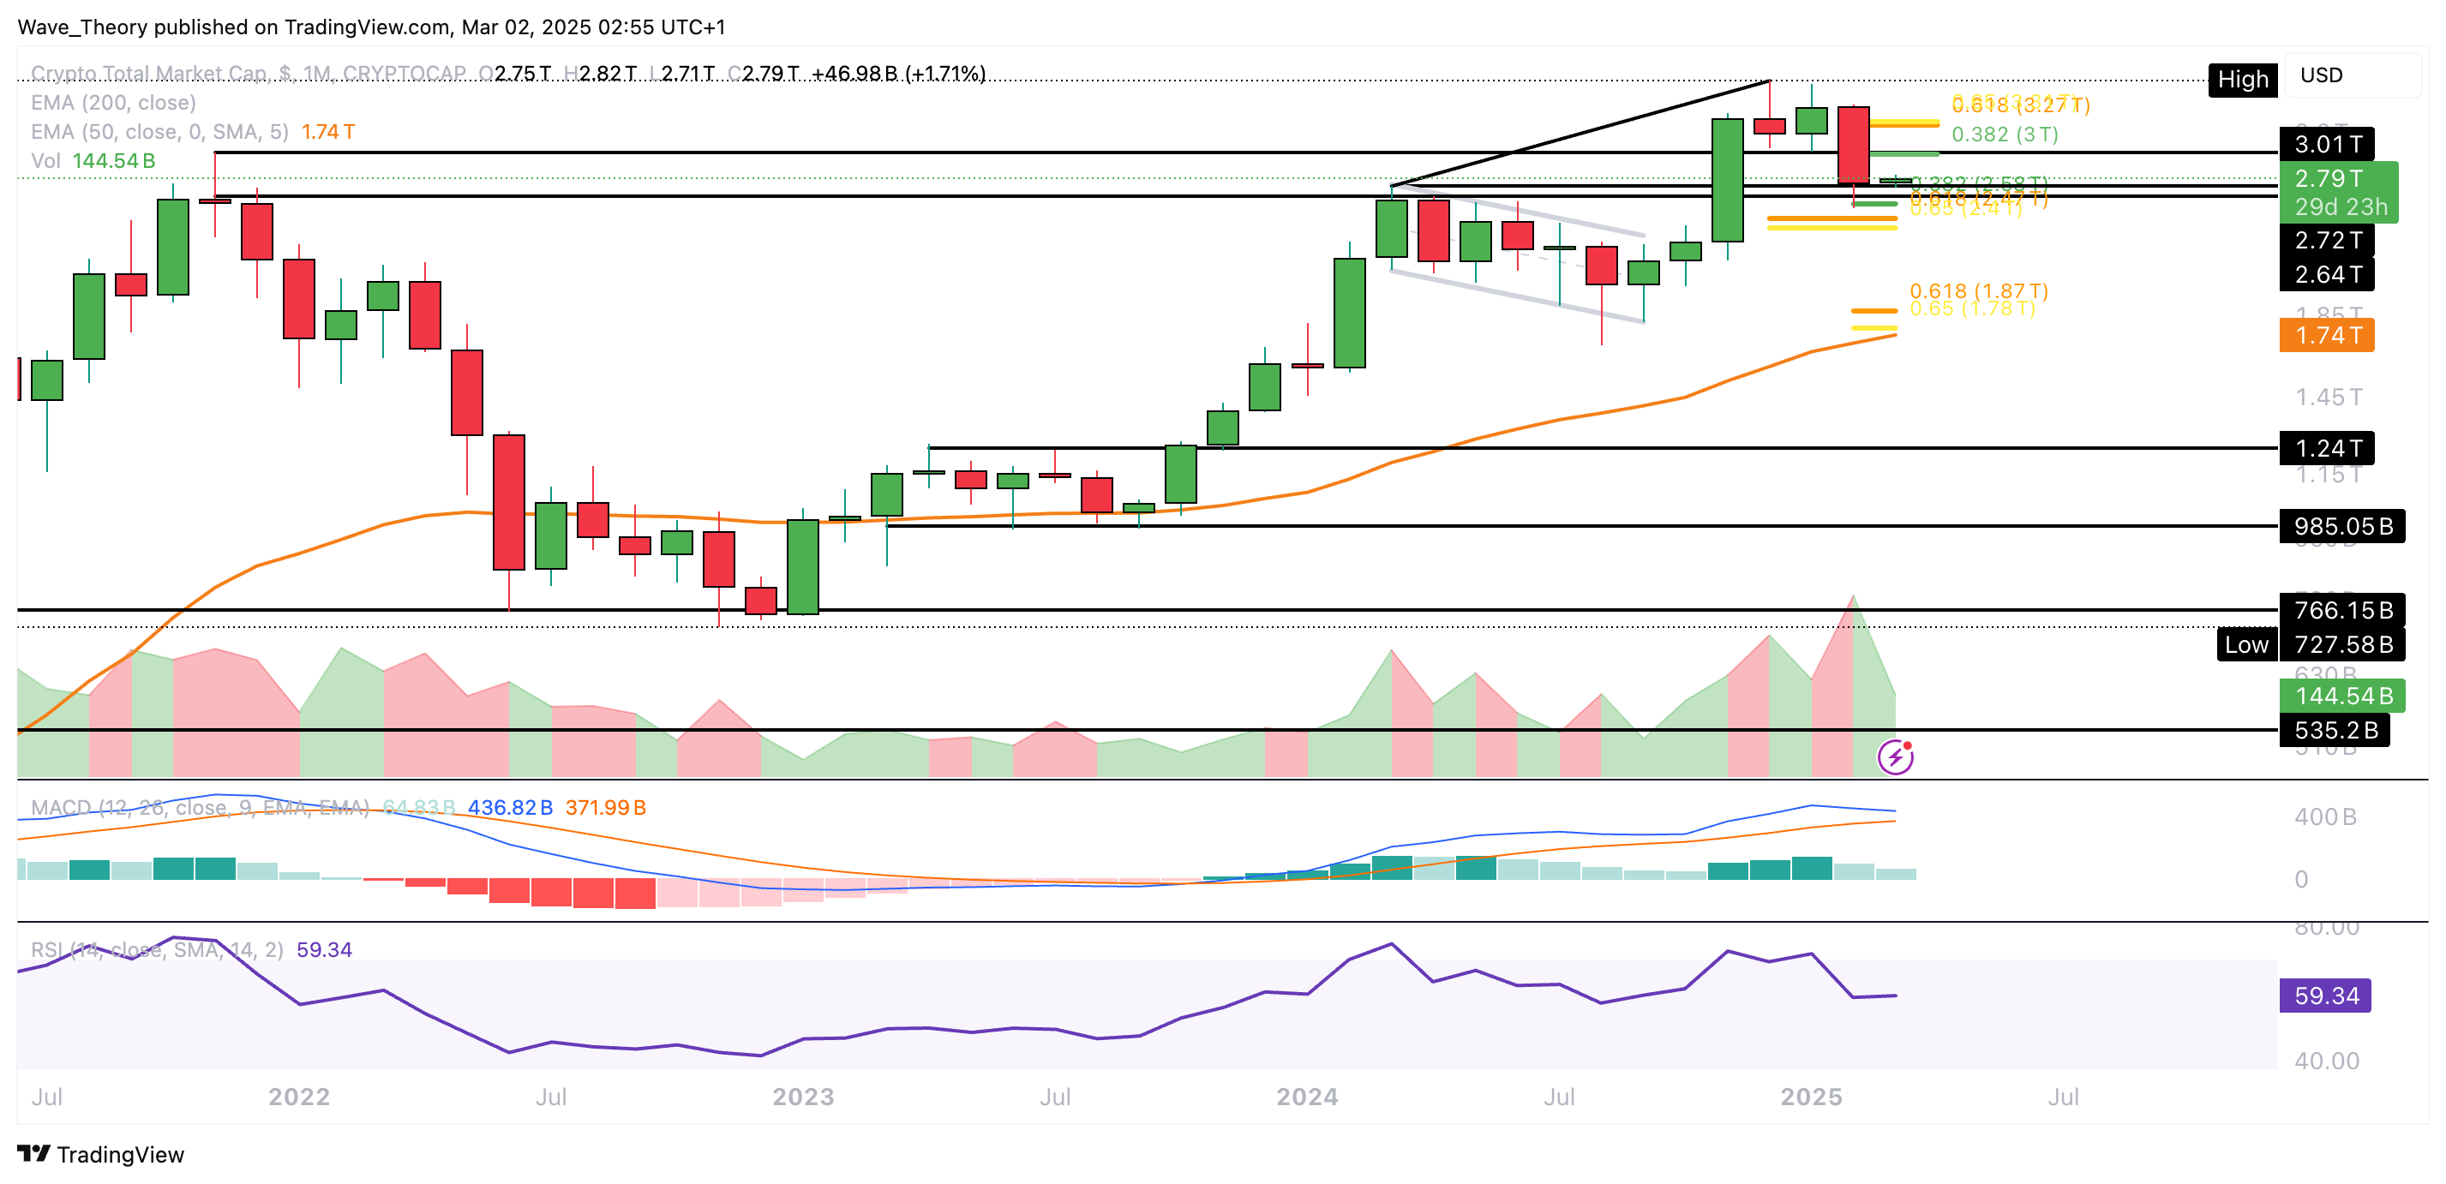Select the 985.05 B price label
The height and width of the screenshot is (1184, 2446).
pos(2341,526)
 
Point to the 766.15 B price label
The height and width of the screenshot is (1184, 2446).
pos(2341,610)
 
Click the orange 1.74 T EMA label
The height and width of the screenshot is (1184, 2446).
pos(2326,335)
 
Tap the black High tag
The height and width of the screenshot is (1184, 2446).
pos(2242,80)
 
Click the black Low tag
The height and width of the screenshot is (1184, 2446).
pos(2245,645)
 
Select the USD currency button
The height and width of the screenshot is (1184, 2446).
pos(2321,75)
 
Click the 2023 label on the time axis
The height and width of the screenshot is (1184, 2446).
pos(802,1097)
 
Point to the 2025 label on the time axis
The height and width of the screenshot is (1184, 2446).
pos(1811,1097)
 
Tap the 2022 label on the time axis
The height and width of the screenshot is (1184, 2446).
pos(298,1097)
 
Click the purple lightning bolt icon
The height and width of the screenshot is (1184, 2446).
pos(1895,757)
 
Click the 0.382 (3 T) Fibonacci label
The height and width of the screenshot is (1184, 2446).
pos(2005,135)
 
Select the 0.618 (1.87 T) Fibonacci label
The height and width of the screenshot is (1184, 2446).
pos(1978,290)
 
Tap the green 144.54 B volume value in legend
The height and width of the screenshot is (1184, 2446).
pos(113,160)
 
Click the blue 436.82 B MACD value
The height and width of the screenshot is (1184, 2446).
pos(510,807)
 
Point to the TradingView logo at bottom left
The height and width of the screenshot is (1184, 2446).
pos(100,1155)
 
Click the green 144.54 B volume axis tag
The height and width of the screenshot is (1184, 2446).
pos(2341,696)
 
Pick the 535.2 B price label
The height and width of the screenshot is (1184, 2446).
pos(2335,730)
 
